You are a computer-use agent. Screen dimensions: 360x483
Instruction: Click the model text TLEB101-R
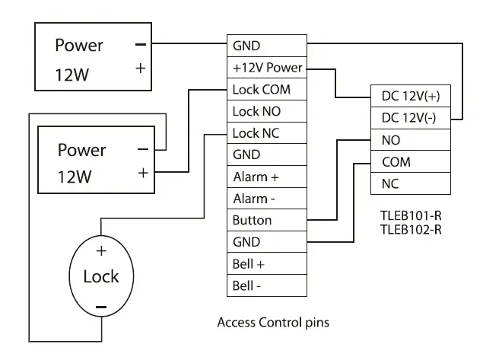tap(411, 215)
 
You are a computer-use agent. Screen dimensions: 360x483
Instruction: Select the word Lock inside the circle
tap(101, 276)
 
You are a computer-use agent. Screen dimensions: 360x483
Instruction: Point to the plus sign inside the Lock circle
tap(101, 250)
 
